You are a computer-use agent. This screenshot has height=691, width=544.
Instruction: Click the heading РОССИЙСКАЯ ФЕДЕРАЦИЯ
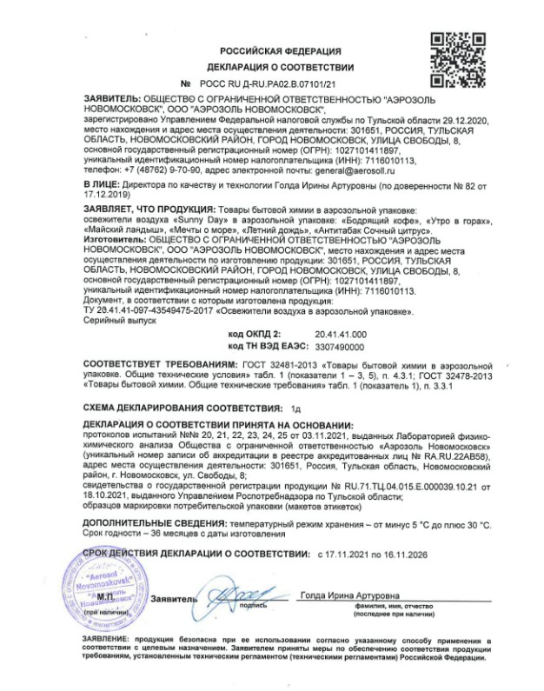point(280,51)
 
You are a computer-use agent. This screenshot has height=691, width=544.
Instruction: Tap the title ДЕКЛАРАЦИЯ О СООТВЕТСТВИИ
point(280,67)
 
